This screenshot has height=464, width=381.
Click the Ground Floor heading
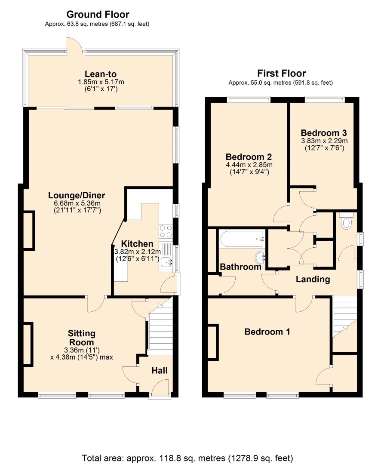[x=98, y=14]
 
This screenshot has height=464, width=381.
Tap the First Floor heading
[x=281, y=73]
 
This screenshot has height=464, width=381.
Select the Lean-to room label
[x=101, y=74]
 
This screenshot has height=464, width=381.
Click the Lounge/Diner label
[x=77, y=195]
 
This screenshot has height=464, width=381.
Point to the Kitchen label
[x=137, y=244]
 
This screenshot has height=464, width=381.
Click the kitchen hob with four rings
[x=166, y=231]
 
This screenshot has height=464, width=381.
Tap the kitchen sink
[x=166, y=261]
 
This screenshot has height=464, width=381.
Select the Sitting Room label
[x=81, y=338]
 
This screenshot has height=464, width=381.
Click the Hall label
[x=160, y=371]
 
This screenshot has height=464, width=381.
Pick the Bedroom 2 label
[x=249, y=157]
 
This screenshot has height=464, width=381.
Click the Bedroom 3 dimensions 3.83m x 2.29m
[x=324, y=141]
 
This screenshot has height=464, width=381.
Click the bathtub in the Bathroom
[x=242, y=239]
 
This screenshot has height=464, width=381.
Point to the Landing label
[x=313, y=279]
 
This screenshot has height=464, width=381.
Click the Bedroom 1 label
[x=267, y=332]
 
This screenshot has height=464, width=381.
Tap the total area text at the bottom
[x=187, y=458]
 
